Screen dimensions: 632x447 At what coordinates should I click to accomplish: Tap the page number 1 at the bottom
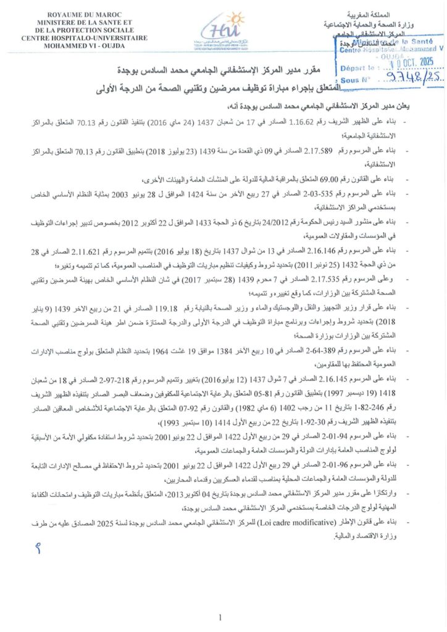click(x=220, y=617)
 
